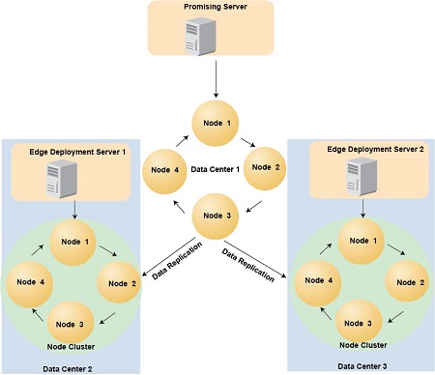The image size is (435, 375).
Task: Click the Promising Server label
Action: click(x=216, y=8)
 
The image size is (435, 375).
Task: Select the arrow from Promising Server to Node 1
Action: click(x=216, y=77)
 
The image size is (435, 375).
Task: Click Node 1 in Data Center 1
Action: click(x=217, y=124)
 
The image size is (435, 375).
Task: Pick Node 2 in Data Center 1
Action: click(x=260, y=167)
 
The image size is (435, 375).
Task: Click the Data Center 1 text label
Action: click(x=217, y=168)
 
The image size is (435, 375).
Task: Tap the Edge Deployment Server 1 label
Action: click(x=70, y=153)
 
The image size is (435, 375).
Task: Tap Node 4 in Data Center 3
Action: click(x=315, y=281)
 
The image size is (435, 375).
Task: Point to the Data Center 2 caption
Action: click(x=71, y=367)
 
